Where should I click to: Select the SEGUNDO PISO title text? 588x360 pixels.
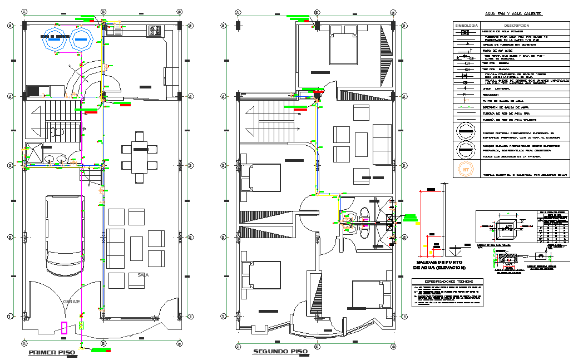tap(280, 352)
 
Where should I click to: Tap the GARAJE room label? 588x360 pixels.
tap(72, 301)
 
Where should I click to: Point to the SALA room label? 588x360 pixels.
tap(142, 274)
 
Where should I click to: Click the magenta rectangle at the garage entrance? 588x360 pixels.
tap(65, 328)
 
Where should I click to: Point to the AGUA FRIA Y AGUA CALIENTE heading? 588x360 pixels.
tap(513, 13)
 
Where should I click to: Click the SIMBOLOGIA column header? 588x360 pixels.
tap(466, 26)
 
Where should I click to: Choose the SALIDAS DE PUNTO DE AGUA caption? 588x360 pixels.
tap(439, 265)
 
